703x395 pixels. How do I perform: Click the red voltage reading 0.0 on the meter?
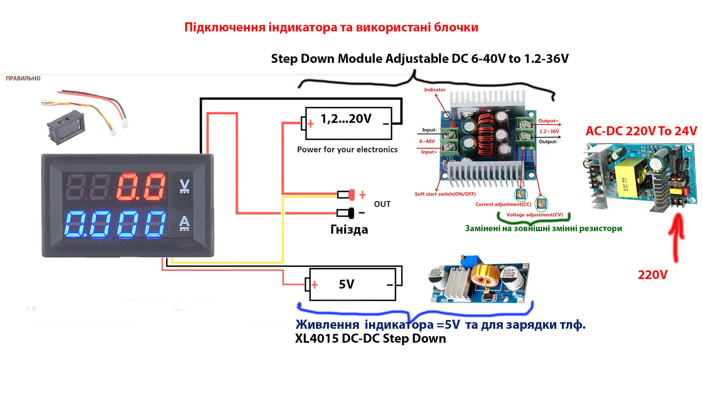pos(141,187)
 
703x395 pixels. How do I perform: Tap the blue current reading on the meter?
pos(115,223)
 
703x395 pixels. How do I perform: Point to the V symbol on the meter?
pos(185,185)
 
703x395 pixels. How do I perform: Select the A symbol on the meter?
pos(184,223)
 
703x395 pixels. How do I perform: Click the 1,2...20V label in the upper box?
pos(346,119)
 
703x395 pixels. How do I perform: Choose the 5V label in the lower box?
pos(346,284)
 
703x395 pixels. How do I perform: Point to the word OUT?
pos(382,204)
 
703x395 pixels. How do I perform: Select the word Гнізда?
pos(349,230)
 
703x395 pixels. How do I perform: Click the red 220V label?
pos(652,275)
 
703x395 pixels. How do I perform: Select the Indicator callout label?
pos(435,90)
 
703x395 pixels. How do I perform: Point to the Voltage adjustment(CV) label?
pos(534,215)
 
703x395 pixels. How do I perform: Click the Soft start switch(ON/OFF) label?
pos(445,194)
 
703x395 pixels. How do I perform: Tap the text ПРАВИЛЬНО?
pos(23,78)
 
